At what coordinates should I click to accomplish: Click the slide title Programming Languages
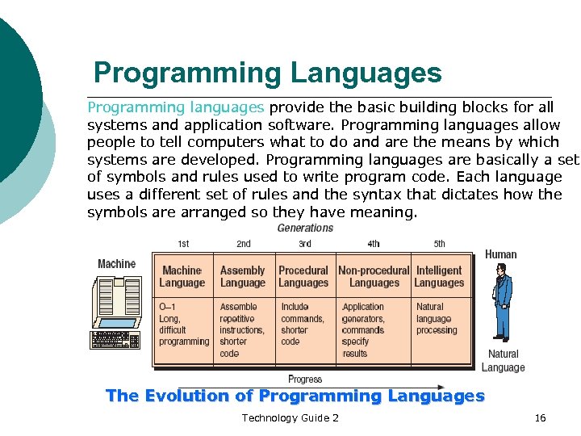tap(267, 73)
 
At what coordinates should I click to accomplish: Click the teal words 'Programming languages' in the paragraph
tap(176, 107)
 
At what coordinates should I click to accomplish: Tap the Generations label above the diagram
tap(305, 228)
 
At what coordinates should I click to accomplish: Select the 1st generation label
tap(184, 244)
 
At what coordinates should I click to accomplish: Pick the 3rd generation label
tap(305, 244)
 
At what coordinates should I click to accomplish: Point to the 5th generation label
tap(439, 244)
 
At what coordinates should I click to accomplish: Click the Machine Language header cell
tap(182, 277)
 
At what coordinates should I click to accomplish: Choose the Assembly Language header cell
tap(242, 277)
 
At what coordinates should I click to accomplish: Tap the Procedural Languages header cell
tap(303, 277)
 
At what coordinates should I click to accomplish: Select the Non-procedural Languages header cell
tap(374, 277)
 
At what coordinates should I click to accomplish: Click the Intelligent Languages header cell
tap(439, 277)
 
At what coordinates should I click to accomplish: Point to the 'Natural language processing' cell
tap(437, 318)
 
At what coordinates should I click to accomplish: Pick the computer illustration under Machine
tap(116, 312)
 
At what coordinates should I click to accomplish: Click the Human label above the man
tap(501, 254)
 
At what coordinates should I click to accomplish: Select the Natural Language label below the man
tap(504, 361)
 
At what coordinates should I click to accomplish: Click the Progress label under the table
tap(305, 379)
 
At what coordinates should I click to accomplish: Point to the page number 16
tap(541, 417)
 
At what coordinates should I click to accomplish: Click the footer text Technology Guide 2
tap(290, 417)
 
